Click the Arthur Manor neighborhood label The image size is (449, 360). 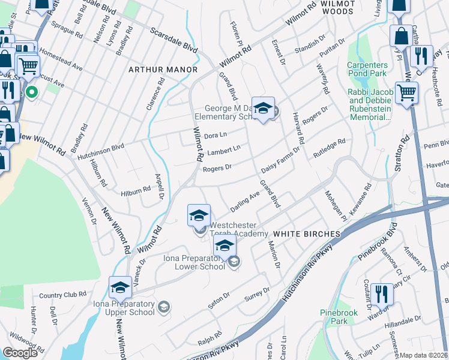163,70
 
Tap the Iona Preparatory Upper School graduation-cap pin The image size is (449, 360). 120,288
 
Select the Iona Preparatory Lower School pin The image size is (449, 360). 224,246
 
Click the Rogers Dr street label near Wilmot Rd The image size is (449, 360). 217,169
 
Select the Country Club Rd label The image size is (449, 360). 62,295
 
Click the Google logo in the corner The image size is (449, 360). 20,353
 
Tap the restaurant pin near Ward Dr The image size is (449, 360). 381,294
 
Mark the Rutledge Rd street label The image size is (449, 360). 329,146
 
